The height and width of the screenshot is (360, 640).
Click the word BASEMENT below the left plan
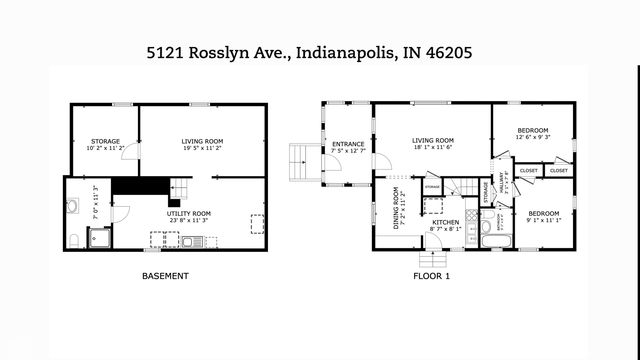tap(165, 276)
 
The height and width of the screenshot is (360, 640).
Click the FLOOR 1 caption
tap(432, 276)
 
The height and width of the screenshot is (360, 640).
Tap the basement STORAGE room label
tap(105, 141)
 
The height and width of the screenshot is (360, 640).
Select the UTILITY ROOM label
tap(189, 213)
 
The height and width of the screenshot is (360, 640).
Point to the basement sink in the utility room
tap(192, 241)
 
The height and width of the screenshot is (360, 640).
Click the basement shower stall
tap(99, 238)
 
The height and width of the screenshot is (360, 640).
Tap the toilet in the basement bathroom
tap(74, 239)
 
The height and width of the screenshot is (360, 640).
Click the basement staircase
tap(180, 187)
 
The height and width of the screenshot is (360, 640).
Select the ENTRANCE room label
tap(348, 144)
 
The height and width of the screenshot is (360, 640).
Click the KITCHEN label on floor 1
tap(445, 223)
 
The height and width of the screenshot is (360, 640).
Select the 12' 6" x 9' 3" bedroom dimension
tap(534, 139)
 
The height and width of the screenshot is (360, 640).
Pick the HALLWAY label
tap(505, 180)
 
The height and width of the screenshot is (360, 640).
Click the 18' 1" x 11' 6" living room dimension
tap(433, 148)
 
